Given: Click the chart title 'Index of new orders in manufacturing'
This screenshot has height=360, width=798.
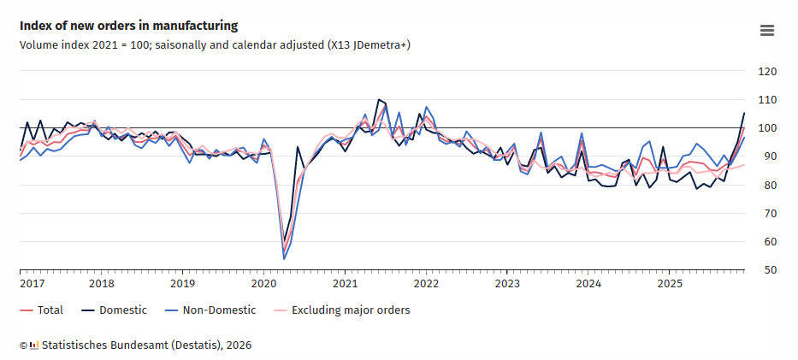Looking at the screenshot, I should point(128,27).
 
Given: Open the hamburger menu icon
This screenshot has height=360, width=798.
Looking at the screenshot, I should point(767,31).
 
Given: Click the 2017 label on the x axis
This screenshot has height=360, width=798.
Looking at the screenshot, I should point(33,283).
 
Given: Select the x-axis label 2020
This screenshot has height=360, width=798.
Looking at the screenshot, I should point(263,283).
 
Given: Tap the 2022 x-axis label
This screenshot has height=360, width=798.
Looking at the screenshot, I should point(426,283).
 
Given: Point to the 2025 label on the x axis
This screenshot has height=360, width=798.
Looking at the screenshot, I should point(669,283).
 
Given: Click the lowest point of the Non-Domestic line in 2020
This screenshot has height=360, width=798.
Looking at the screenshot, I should point(284,259).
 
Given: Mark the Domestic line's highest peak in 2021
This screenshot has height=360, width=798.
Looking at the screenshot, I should point(378,100).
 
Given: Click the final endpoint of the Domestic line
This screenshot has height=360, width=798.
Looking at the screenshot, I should point(744,113).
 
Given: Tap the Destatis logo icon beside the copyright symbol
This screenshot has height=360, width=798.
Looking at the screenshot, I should point(33,345).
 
